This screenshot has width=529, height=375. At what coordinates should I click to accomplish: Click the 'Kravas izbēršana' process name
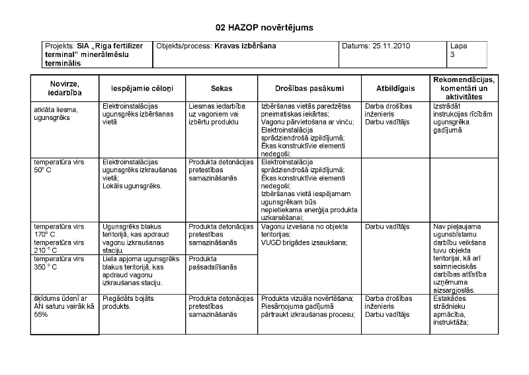tap(245, 46)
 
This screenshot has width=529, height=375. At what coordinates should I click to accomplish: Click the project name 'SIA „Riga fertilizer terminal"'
tap(96, 50)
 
